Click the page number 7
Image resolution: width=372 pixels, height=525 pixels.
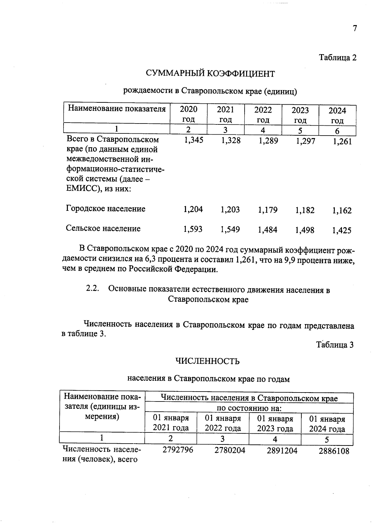(x=355, y=28)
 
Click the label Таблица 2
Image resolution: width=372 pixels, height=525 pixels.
(x=338, y=58)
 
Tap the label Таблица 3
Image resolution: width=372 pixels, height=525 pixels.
(x=334, y=345)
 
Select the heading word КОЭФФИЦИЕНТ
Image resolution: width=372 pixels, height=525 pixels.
(x=241, y=74)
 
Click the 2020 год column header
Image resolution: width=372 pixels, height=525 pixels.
(x=188, y=114)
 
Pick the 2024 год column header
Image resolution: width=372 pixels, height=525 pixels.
(x=337, y=115)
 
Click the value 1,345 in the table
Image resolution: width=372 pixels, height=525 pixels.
(x=193, y=140)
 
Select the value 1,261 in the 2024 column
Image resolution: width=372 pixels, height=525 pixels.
(x=342, y=142)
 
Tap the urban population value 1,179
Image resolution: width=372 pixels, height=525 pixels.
(x=268, y=210)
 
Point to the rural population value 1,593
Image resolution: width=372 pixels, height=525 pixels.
(x=193, y=229)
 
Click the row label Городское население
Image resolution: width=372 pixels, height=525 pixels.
(x=105, y=209)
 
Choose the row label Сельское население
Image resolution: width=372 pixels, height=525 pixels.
(x=103, y=228)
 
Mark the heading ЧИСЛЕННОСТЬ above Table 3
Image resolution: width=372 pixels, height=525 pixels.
(x=207, y=361)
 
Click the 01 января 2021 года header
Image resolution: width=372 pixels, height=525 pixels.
(x=171, y=423)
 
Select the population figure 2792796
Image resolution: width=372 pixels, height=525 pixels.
(x=178, y=450)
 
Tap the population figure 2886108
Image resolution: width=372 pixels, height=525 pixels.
(x=334, y=451)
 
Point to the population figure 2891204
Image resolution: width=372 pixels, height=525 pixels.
(x=282, y=451)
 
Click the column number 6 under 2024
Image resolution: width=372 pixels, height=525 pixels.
(x=337, y=131)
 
